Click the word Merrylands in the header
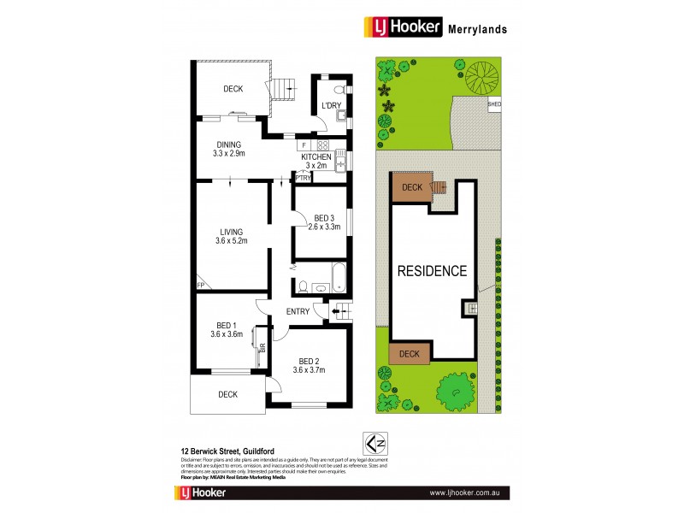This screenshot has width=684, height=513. (478, 28)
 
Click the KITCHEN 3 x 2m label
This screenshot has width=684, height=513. (315, 162)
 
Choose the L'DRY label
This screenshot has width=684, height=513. (332, 106)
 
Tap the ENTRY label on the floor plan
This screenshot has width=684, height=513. (298, 312)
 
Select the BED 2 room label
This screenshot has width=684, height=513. (309, 365)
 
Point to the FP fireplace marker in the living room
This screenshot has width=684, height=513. (201, 285)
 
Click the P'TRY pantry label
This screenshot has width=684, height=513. (303, 178)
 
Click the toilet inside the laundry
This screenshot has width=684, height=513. (340, 89)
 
